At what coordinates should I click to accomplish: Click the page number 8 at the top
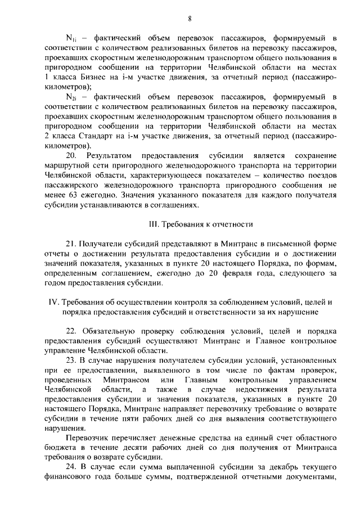[x=190, y=19]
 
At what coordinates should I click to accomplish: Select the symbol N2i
[x=71, y=98]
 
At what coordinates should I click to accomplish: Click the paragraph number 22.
[x=71, y=330]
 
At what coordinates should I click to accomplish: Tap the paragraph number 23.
[x=71, y=360]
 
